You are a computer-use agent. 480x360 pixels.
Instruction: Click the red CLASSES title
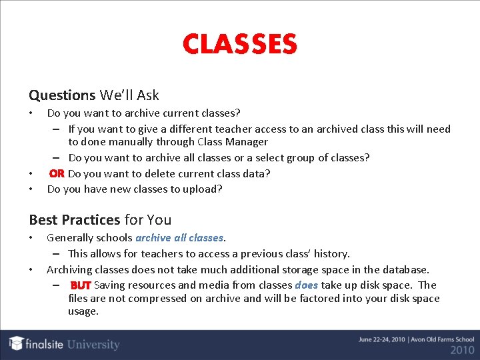click(x=239, y=45)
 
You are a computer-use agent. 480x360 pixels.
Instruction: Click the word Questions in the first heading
click(x=62, y=95)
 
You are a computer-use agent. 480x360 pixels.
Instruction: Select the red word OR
click(x=57, y=173)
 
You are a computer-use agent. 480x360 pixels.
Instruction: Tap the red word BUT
click(x=81, y=285)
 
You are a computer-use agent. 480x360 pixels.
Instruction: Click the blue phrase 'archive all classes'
click(x=179, y=237)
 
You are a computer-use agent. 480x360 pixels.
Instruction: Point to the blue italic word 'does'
click(x=306, y=285)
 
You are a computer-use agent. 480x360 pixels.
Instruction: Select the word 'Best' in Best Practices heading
click(x=44, y=219)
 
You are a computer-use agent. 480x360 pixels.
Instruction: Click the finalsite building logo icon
click(x=17, y=343)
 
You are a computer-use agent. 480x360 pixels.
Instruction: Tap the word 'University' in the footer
click(x=93, y=345)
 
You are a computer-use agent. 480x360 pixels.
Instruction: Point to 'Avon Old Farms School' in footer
click(x=440, y=339)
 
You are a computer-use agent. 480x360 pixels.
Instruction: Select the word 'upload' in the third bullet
click(x=207, y=189)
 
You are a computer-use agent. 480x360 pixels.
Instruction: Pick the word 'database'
click(x=403, y=269)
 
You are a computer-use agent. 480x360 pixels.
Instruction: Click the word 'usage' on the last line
click(x=83, y=311)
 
